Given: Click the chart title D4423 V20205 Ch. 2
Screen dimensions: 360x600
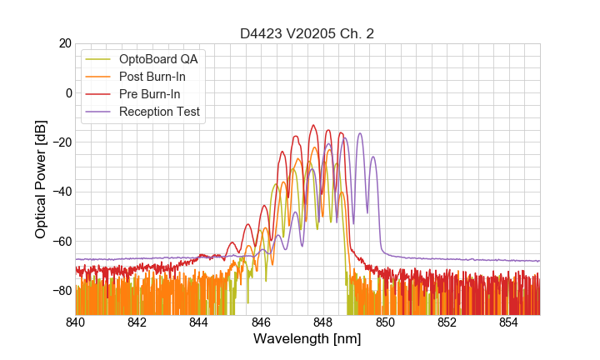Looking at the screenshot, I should [x=307, y=34].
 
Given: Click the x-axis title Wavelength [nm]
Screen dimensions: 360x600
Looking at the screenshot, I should [x=307, y=339].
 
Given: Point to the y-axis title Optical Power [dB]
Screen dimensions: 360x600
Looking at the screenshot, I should [x=41, y=179].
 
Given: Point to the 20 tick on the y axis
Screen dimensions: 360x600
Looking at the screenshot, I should [x=64, y=43].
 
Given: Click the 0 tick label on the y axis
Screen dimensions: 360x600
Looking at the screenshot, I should [x=67, y=92].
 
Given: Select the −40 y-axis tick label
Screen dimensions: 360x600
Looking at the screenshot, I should [x=61, y=192].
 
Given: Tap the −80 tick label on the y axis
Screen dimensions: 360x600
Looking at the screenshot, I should [x=61, y=291].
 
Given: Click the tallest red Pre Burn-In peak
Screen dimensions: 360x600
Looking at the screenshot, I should [x=313, y=125].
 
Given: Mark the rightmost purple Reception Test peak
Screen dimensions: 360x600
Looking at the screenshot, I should [x=373, y=157].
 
